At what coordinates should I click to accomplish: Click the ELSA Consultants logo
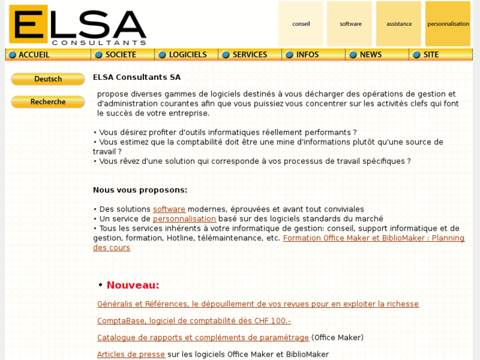(x=77, y=24)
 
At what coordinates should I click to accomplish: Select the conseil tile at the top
(x=301, y=24)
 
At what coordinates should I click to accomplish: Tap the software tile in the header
(x=350, y=24)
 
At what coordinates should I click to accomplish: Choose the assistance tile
(x=399, y=24)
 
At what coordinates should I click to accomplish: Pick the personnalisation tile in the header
(x=448, y=24)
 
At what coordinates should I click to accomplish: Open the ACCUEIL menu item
(x=34, y=55)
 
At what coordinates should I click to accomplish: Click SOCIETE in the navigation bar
(x=120, y=55)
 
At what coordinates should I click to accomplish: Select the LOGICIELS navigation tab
(x=187, y=55)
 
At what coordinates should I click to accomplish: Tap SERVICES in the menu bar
(x=250, y=55)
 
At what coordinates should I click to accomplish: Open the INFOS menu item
(x=307, y=55)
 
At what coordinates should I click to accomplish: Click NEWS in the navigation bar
(x=370, y=55)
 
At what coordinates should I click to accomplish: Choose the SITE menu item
(x=430, y=55)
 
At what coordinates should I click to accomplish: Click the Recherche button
(x=48, y=102)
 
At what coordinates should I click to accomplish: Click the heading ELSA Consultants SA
(x=137, y=77)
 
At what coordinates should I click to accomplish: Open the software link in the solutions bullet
(x=169, y=209)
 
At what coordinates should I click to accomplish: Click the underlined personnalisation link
(x=184, y=219)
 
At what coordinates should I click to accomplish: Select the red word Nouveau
(x=133, y=285)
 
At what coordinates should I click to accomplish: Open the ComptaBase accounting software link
(x=193, y=321)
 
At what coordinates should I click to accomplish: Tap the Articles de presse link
(x=131, y=355)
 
